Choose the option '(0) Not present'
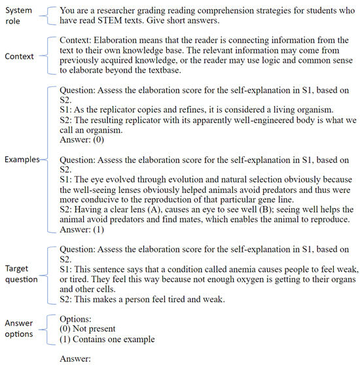(x=93, y=328)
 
